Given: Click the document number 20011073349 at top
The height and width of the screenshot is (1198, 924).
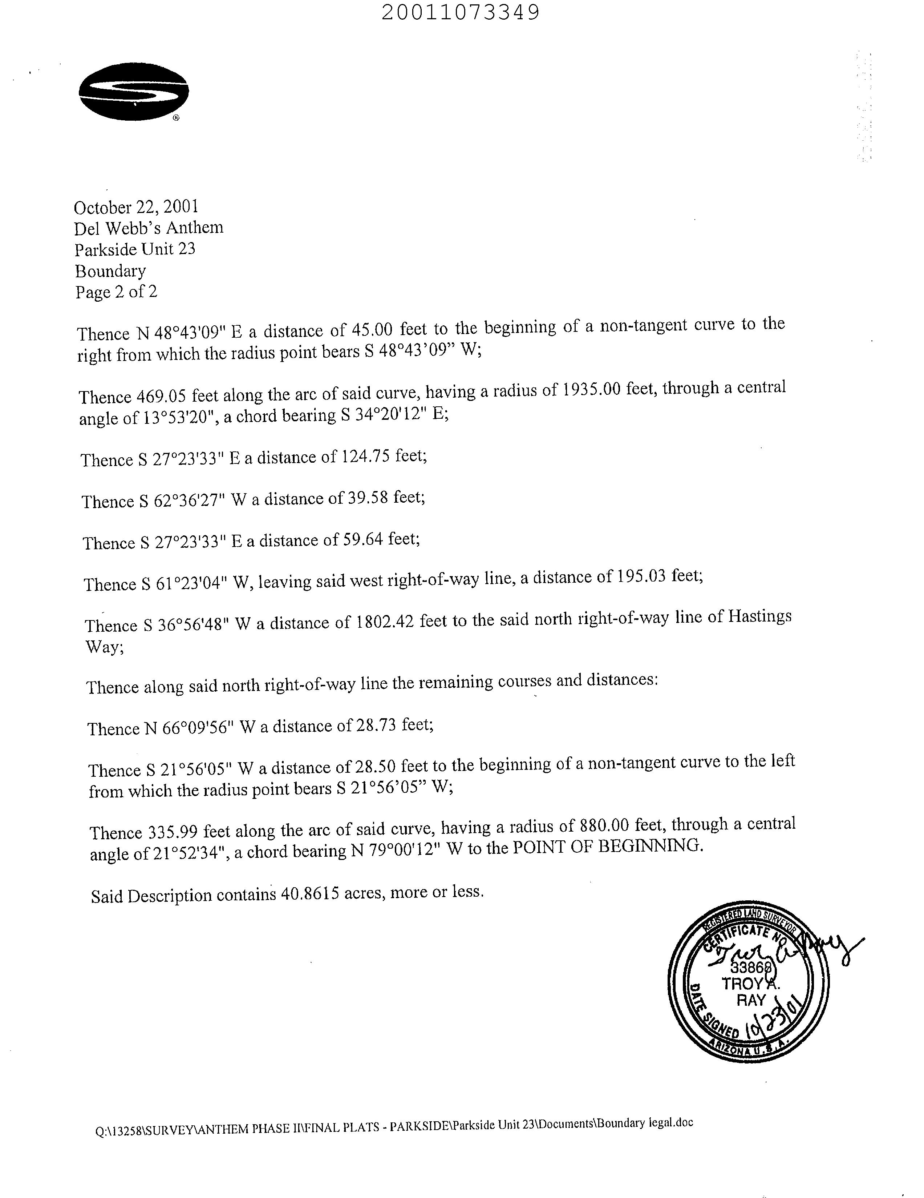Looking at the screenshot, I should coord(460,12).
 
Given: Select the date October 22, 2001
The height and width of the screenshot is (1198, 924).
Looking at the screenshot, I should coord(136,207).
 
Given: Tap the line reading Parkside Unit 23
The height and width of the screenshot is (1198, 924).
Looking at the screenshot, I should coord(135,250).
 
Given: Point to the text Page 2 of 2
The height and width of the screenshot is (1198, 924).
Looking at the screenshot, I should coord(116,292).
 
